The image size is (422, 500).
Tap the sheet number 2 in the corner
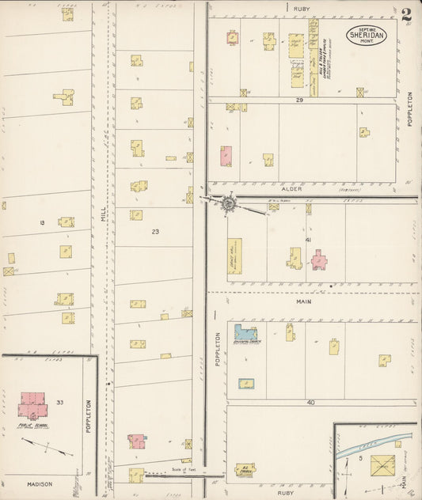406,15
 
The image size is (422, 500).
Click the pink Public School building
32,403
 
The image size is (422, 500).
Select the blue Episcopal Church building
245,334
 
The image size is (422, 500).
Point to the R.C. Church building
245,470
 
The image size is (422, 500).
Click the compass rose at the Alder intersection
228,203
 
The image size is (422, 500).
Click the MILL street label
103,213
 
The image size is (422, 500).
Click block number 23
155,232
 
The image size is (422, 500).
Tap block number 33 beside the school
60,402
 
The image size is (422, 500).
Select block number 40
310,403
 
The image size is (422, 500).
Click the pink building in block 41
318,259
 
